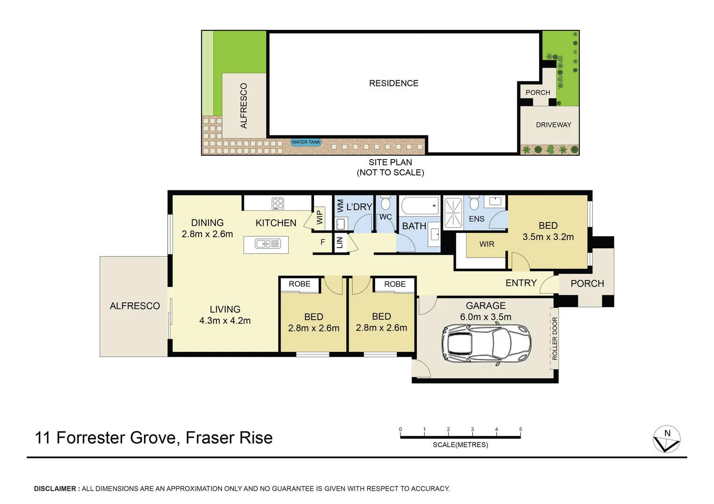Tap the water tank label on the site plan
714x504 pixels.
(306, 142)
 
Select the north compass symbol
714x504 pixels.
(666, 439)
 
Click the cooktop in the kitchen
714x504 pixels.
(278, 203)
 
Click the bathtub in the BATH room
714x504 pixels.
(420, 205)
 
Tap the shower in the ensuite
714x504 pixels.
(453, 213)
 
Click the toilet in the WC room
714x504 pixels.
(386, 204)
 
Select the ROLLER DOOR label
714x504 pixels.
(555, 338)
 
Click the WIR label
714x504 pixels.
(486, 244)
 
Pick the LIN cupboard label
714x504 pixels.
(340, 242)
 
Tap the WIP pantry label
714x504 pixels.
(320, 217)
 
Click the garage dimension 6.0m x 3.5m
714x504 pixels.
(486, 317)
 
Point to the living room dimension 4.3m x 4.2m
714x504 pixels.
(225, 321)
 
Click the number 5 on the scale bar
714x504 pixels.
(520, 429)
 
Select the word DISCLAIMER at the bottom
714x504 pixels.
(55, 489)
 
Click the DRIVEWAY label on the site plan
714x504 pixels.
(553, 125)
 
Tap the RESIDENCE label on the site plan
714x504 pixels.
(393, 83)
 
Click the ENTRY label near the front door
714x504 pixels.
(521, 283)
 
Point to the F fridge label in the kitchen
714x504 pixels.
(322, 242)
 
